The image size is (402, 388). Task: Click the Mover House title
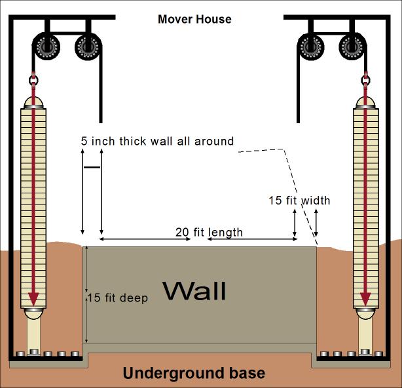[x=194, y=19]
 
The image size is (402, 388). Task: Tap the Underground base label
[x=194, y=374]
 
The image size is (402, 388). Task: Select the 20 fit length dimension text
[x=209, y=232]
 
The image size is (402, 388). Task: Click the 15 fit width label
[x=300, y=201]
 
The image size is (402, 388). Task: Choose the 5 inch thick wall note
[x=157, y=141]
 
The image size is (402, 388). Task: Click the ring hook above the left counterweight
[x=33, y=81]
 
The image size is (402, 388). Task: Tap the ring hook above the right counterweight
[x=365, y=81]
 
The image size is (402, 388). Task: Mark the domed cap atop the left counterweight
[x=33, y=102]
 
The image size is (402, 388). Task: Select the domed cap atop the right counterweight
[x=365, y=102]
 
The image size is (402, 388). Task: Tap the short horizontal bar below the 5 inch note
[x=92, y=168]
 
